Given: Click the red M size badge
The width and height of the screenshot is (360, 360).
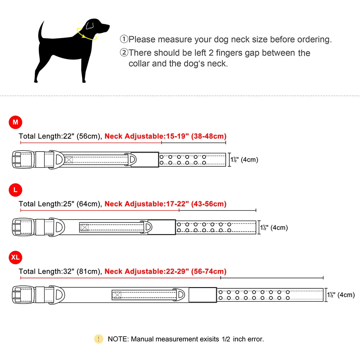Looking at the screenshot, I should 15,122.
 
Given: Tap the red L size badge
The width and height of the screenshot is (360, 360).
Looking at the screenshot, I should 15,190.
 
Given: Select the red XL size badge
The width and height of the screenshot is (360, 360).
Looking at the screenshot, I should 15,257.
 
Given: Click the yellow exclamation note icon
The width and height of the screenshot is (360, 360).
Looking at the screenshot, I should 98,339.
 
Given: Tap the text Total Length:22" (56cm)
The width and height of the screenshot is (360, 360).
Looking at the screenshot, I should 60,136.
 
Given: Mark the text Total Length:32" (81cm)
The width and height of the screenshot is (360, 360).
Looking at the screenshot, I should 60,271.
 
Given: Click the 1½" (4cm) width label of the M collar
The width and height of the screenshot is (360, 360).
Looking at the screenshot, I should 244,159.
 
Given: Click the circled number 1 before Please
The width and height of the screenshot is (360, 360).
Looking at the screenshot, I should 124,39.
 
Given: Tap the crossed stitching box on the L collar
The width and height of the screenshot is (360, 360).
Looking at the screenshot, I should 84,228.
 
